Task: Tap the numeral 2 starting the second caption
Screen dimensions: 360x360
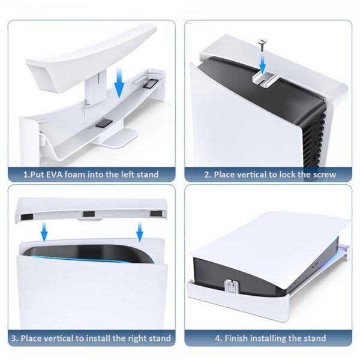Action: (x=206, y=175)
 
